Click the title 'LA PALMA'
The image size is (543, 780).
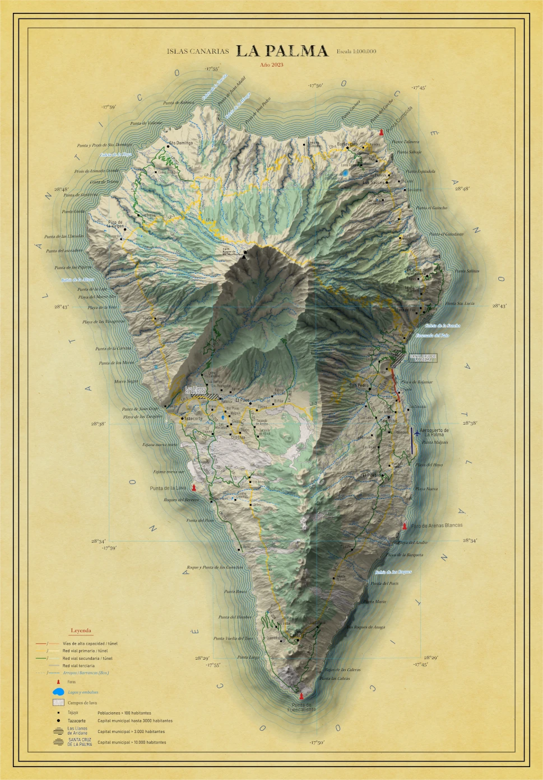(282, 51)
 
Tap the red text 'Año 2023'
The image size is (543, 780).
(271, 65)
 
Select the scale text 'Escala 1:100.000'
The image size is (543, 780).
(356, 51)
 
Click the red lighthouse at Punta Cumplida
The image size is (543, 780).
(382, 132)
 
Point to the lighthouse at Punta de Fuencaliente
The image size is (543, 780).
(302, 696)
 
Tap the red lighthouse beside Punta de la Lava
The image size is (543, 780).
(194, 488)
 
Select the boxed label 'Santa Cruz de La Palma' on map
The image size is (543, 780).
(423, 358)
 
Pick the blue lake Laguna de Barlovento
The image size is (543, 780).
(346, 173)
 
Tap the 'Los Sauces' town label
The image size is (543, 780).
(373, 182)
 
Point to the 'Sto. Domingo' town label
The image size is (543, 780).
(181, 143)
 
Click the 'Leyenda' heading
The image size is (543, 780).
(81, 631)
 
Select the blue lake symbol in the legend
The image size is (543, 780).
(58, 692)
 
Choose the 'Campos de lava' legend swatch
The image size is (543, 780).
(58, 702)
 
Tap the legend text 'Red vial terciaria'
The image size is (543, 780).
(78, 666)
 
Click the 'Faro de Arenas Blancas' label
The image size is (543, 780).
(437, 525)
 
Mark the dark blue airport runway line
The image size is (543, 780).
(411, 440)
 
